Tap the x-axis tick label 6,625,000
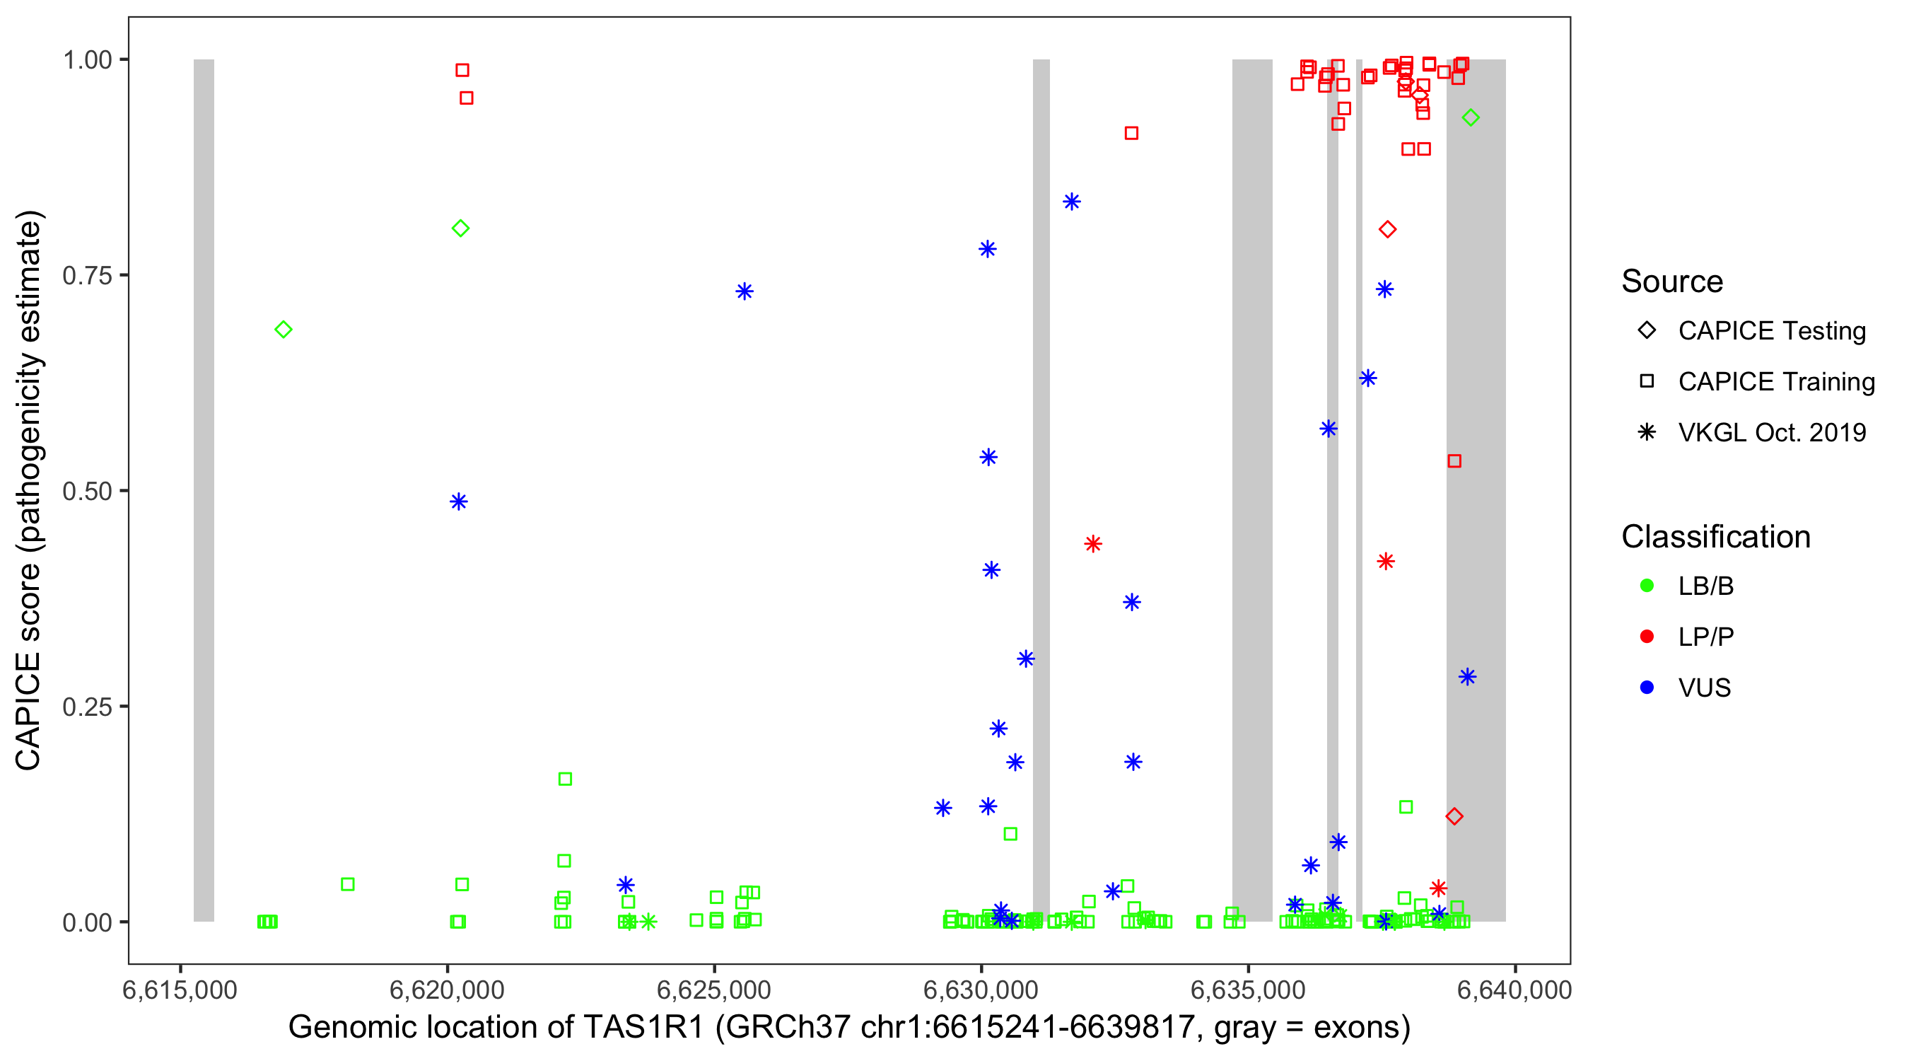[x=713, y=990]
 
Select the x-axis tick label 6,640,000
[x=1514, y=990]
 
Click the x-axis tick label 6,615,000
[x=180, y=990]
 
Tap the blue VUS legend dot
[x=1647, y=688]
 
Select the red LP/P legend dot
[x=1647, y=637]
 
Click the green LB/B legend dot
[x=1647, y=586]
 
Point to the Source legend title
[x=1672, y=282]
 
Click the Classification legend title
[x=1715, y=537]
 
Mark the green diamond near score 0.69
[x=283, y=329]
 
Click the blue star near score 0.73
[x=744, y=291]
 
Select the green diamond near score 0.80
[x=460, y=228]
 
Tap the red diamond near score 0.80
[x=1387, y=230]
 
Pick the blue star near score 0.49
[x=459, y=502]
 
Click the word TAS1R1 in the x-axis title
[x=643, y=1028]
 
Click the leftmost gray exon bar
[x=204, y=489]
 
